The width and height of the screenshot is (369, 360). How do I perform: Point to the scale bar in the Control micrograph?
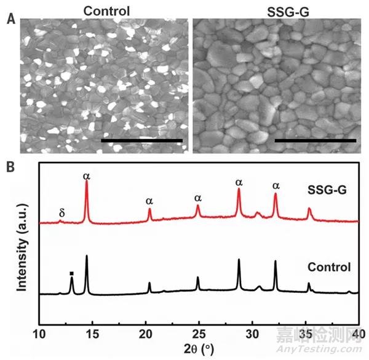tap(141, 140)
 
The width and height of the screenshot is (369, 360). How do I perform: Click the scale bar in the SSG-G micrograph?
tap(315, 140)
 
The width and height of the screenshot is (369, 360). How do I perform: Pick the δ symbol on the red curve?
tap(62, 212)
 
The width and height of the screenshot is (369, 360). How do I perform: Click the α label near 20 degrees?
tap(149, 201)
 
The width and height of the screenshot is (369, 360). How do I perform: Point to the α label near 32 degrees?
tap(276, 185)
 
